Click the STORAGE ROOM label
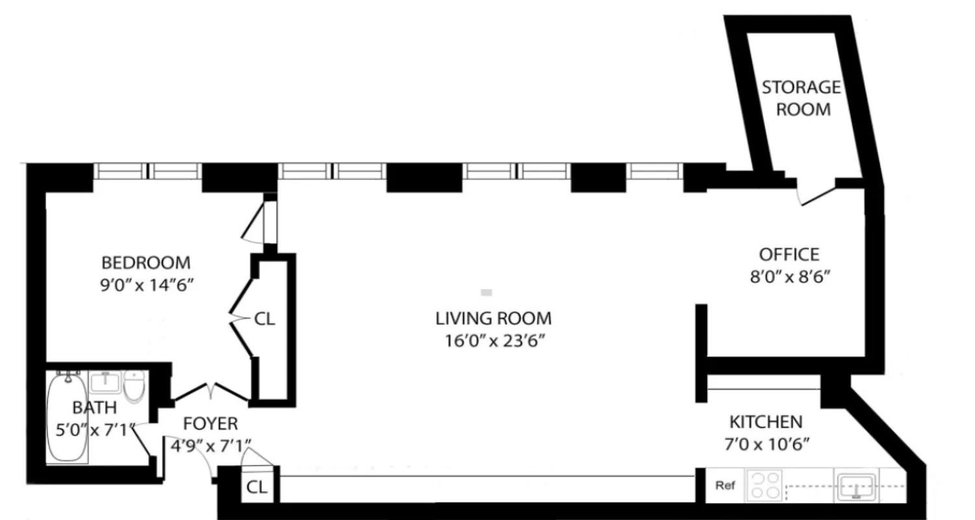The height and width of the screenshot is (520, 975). (x=801, y=97)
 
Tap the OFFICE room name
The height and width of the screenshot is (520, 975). (x=789, y=254)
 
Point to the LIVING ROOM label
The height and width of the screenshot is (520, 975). (x=493, y=318)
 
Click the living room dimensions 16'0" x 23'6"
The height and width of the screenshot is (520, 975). (x=493, y=341)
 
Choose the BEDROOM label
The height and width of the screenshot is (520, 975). (x=146, y=263)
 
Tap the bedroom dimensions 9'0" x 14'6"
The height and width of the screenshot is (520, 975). (x=146, y=285)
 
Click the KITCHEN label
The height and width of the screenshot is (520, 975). (x=766, y=422)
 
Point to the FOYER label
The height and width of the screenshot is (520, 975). (x=210, y=424)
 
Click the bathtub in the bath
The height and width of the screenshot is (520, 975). (x=67, y=416)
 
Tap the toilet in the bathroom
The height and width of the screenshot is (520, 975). (x=134, y=386)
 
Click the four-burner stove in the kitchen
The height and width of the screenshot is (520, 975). (x=765, y=486)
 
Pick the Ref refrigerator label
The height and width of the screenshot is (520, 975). (x=725, y=486)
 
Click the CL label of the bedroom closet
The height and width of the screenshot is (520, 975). (x=265, y=319)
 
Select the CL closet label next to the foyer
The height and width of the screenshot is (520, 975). (x=257, y=487)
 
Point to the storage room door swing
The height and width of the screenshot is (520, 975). (x=815, y=193)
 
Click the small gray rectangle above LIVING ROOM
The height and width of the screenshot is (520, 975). (x=486, y=292)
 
